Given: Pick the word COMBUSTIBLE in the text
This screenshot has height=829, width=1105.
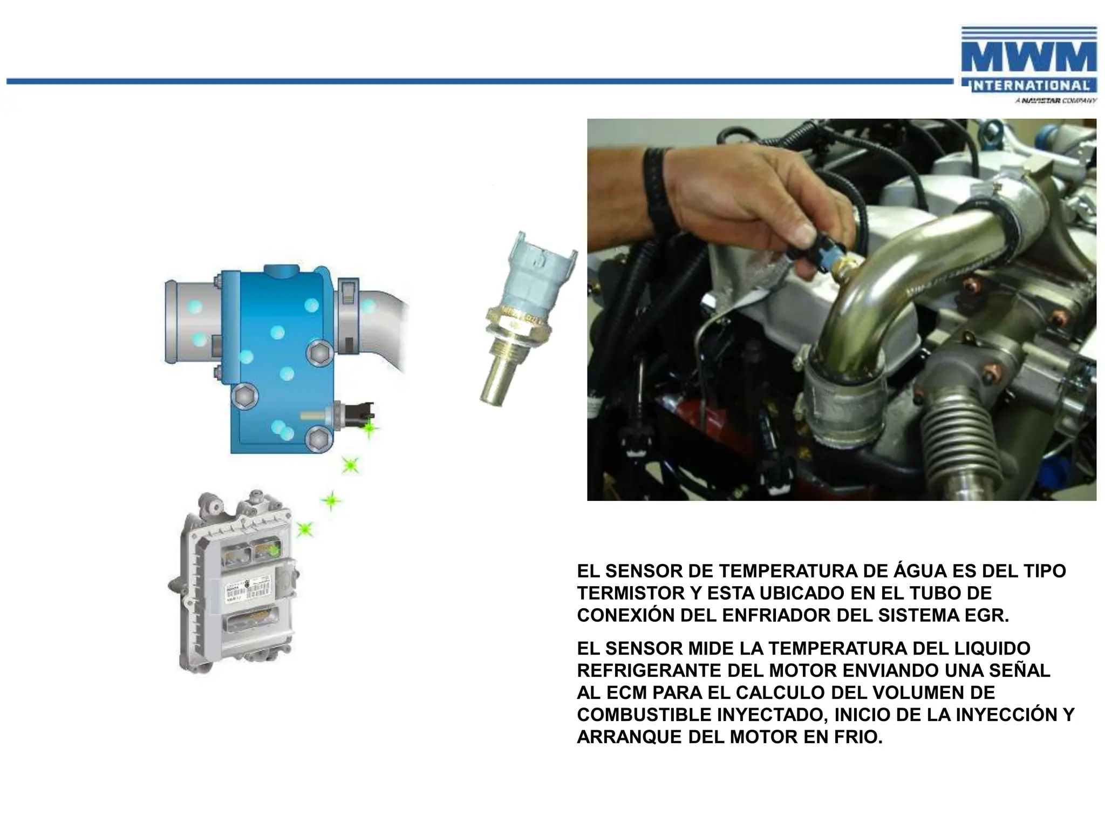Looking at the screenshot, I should pos(644,715).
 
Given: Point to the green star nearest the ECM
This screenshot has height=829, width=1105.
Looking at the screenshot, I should pos(305,529).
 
